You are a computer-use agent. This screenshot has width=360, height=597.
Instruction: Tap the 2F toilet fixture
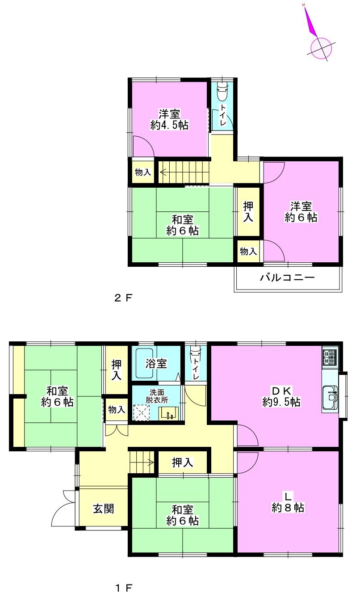coord(222,91)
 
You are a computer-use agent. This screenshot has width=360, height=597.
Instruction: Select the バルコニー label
coord(287,277)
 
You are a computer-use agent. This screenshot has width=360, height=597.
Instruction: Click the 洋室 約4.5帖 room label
coord(169,120)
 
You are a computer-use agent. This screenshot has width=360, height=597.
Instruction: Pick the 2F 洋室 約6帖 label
coord(301,212)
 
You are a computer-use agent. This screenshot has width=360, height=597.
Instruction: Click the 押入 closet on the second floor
coord(248,212)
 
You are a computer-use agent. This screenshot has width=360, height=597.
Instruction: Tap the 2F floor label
coord(123,298)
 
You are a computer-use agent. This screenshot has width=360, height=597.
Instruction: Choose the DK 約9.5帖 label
coord(281,396)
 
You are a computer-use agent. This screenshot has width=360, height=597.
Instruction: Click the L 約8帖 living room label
coord(288,502)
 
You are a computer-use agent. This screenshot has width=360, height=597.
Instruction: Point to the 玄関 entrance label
coord(103,509)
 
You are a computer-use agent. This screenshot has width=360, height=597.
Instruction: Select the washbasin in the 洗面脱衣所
coord(169,414)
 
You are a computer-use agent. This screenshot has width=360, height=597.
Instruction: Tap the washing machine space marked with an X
coord(142,413)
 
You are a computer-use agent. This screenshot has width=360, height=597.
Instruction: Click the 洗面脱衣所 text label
coord(157,396)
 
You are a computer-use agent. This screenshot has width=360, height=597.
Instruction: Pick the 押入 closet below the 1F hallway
coord(183,462)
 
